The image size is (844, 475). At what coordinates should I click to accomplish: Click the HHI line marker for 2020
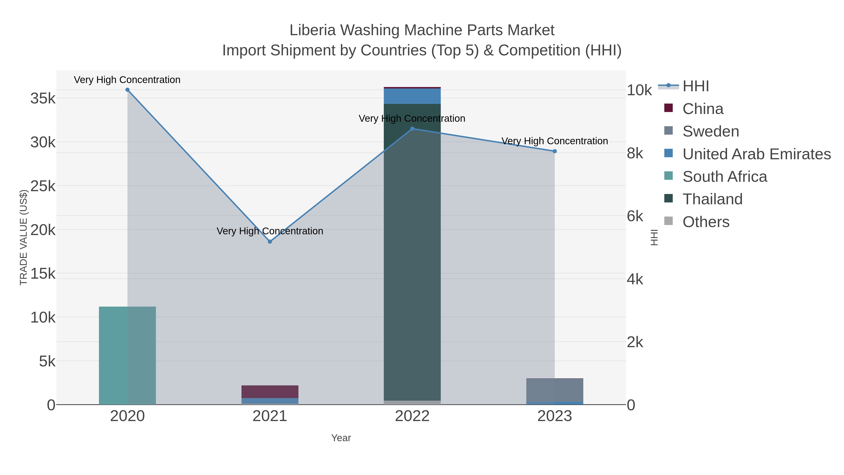pos(128,90)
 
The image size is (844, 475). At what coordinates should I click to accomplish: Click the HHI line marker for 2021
pos(270,242)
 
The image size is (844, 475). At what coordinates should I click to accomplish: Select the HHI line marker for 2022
pos(412,129)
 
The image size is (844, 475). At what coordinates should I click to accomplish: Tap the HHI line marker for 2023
pos(555,151)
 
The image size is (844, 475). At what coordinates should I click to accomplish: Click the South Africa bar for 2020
pos(128,355)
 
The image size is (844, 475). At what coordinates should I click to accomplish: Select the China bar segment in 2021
pos(270,391)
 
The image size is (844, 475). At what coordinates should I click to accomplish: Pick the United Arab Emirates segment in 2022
pos(412,96)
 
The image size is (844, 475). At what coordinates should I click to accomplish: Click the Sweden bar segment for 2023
pos(555,390)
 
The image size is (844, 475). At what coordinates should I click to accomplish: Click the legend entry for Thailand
pos(712,199)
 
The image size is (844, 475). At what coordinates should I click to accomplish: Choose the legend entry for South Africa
pos(724,176)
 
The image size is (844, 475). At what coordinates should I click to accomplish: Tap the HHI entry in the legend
pos(695,86)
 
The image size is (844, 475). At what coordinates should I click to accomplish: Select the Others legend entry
pos(705,222)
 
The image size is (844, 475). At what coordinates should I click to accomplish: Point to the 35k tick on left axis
pos(43,98)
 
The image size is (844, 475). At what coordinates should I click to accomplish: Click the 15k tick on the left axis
pos(43,274)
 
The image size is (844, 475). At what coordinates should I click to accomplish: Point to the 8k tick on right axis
pos(635,153)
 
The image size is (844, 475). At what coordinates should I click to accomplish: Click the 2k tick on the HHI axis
pos(635,342)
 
